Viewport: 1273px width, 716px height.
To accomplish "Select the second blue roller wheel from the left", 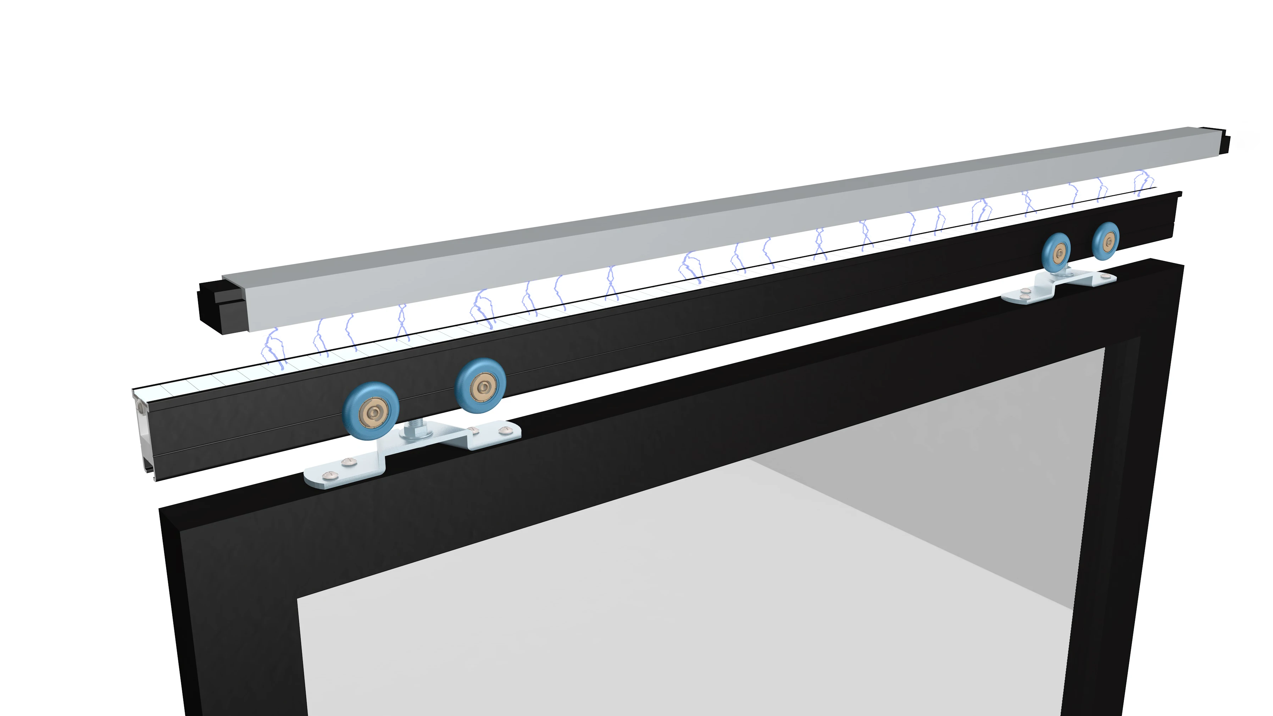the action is (x=481, y=384).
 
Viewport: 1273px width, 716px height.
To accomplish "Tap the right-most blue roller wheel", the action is (x=1106, y=242).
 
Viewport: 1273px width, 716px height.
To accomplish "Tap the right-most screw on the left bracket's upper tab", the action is (x=504, y=431).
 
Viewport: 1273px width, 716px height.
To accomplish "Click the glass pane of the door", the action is (x=692, y=568).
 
